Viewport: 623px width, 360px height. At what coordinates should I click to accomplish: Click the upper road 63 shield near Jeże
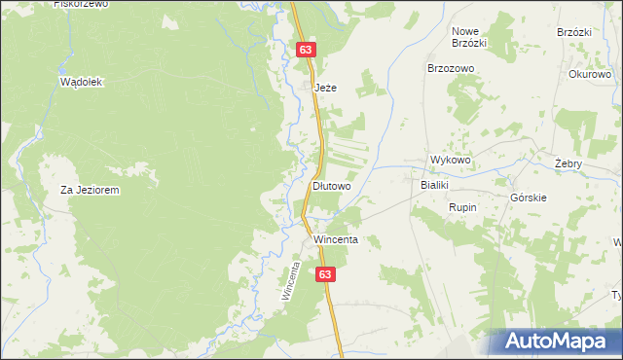(x=307, y=49)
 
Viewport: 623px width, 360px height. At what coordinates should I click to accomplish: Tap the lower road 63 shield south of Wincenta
(x=326, y=275)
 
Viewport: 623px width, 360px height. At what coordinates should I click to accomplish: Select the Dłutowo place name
(x=331, y=185)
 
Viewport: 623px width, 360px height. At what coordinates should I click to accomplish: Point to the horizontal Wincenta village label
(x=336, y=239)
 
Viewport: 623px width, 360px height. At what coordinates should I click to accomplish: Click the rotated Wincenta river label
(x=288, y=279)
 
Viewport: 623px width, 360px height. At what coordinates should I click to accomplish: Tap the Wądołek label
(x=81, y=83)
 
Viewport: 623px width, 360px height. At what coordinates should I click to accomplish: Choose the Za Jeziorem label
(x=90, y=191)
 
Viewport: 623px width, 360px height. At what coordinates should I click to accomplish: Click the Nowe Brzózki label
(x=469, y=37)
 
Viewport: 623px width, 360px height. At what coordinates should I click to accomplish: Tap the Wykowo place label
(x=451, y=161)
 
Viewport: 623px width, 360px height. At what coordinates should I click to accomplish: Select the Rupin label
(x=461, y=207)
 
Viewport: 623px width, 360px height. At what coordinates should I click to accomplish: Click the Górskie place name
(x=529, y=198)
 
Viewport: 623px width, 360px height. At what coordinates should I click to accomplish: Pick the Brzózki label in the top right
(x=575, y=31)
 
